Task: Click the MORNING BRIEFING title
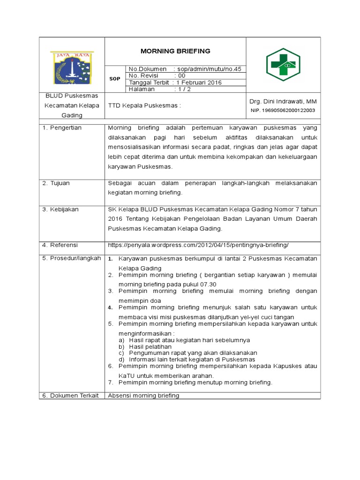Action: coord(176,51)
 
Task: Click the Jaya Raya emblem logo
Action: coord(72,68)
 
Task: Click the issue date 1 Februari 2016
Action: coord(199,82)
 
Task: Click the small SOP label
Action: coord(115,79)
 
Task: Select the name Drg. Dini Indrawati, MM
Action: coord(283,101)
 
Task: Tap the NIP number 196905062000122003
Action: coord(283,111)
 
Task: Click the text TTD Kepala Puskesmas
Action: coord(144,105)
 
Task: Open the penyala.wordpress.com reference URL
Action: coord(198,245)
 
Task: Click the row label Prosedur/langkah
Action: coord(71,258)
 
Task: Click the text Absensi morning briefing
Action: coord(143,396)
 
